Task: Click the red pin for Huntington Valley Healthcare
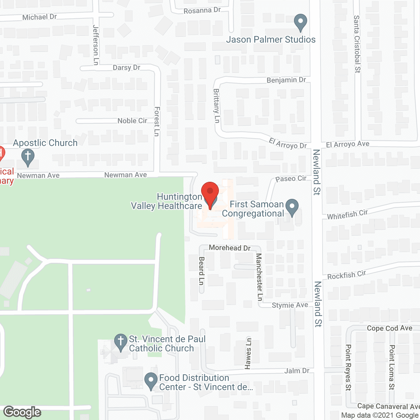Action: click(210, 193)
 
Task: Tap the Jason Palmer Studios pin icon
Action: click(300, 22)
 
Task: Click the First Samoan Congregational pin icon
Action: click(292, 207)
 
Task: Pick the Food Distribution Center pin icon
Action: click(151, 381)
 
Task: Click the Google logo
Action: click(22, 412)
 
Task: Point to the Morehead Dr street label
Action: click(230, 248)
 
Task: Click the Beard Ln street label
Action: click(201, 270)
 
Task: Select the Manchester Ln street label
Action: click(259, 277)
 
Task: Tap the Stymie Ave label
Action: click(290, 305)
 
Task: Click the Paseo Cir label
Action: click(291, 179)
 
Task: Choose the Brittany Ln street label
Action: click(216, 106)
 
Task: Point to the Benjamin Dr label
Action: click(286, 80)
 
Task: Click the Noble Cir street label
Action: click(132, 121)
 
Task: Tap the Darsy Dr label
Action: click(126, 68)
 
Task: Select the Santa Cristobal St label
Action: click(357, 44)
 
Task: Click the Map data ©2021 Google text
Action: click(380, 415)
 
